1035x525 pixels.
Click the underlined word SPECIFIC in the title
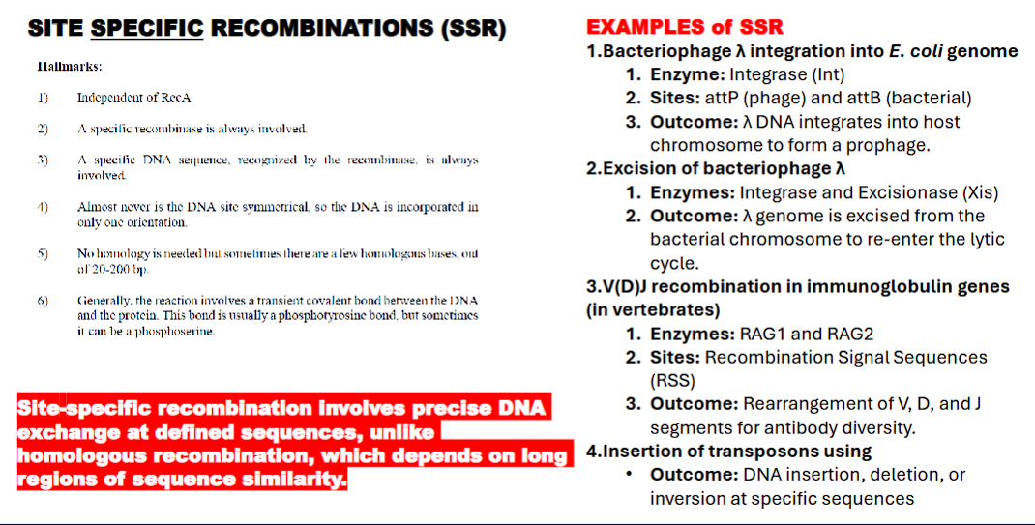coord(147,28)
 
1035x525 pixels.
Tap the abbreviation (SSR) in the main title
coord(472,28)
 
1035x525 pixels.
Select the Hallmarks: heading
coord(69,67)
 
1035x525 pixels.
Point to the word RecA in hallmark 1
coord(162,98)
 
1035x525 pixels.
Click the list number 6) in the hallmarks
coord(43,301)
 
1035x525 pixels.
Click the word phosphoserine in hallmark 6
coord(181,331)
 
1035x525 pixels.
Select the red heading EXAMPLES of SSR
coord(685,26)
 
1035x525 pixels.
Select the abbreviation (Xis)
coord(978,192)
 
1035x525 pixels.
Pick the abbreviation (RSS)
coord(671,380)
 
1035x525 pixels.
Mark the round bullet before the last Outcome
coord(630,475)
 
